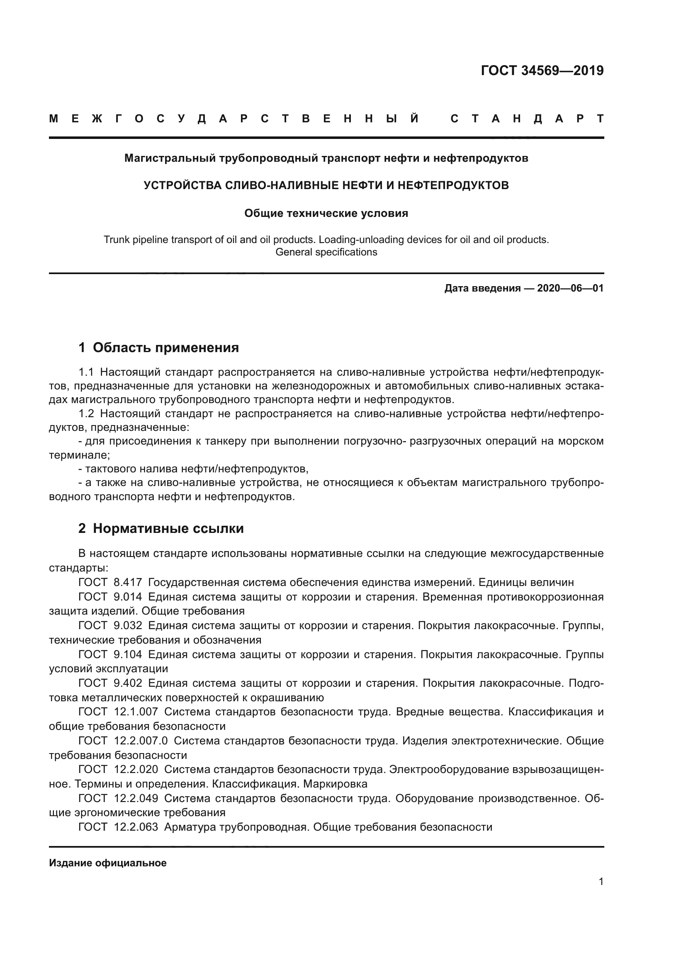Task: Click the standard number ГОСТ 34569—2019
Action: tap(542, 71)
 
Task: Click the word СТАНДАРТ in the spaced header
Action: tap(527, 119)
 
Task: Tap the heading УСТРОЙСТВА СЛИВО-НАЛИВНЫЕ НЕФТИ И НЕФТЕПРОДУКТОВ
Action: tap(326, 185)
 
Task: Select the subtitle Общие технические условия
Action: tap(326, 213)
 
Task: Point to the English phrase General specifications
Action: tap(326, 252)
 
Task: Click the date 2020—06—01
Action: tap(570, 289)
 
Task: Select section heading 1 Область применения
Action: tap(158, 348)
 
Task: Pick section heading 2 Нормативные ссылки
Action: tap(161, 528)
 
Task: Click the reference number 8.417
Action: tap(128, 583)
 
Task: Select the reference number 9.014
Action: tap(128, 597)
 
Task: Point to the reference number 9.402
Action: tap(128, 683)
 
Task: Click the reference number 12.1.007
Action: tap(136, 712)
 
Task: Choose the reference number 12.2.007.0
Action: tap(141, 741)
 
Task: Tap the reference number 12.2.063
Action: tap(136, 827)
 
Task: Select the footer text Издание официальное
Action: tap(108, 863)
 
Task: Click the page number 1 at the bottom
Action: tap(601, 882)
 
